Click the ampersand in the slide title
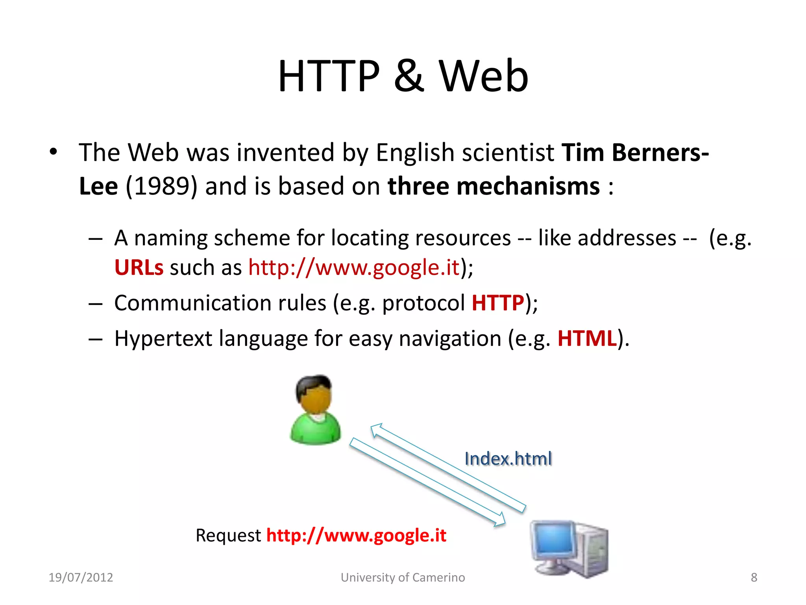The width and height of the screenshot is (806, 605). coord(409,76)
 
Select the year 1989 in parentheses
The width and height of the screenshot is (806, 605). coord(161,186)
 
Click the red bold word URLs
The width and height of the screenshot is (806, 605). coord(139,267)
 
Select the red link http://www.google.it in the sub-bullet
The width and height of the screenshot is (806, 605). coord(354,267)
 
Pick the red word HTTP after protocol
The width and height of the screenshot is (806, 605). coord(498,303)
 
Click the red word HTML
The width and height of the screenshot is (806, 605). coord(587,338)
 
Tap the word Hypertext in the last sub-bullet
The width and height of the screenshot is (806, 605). coord(163,338)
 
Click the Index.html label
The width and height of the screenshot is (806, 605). coord(508,458)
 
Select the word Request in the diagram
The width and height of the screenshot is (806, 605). coord(228,535)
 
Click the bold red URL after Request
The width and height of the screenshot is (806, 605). coord(356,535)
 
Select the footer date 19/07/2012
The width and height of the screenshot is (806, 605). coord(81,577)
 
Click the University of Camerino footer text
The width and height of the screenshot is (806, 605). coord(403,577)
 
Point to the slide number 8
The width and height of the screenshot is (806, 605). coord(754,577)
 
